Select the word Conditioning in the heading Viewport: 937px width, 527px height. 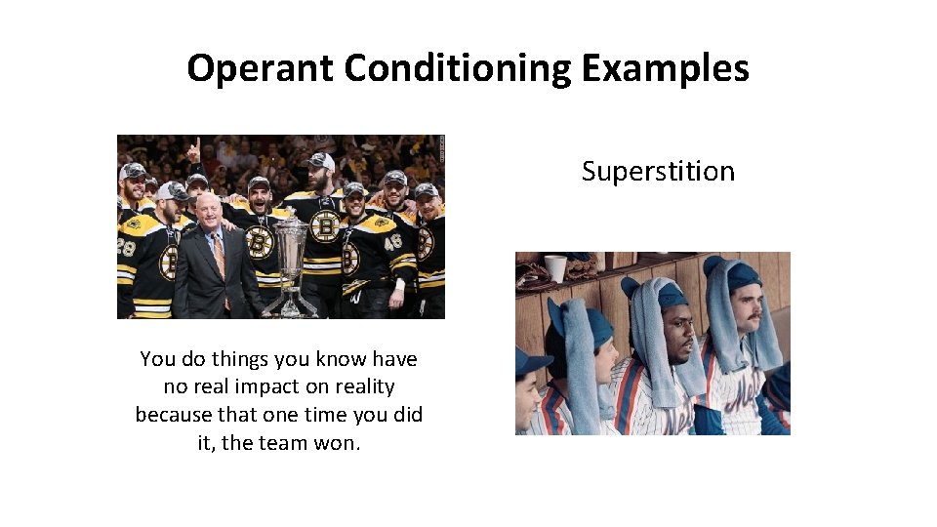point(458,68)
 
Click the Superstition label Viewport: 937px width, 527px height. point(658,172)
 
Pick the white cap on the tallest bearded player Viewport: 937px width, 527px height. point(321,162)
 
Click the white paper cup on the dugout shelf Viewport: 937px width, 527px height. point(555,266)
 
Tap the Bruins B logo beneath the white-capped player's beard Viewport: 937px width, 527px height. point(325,228)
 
